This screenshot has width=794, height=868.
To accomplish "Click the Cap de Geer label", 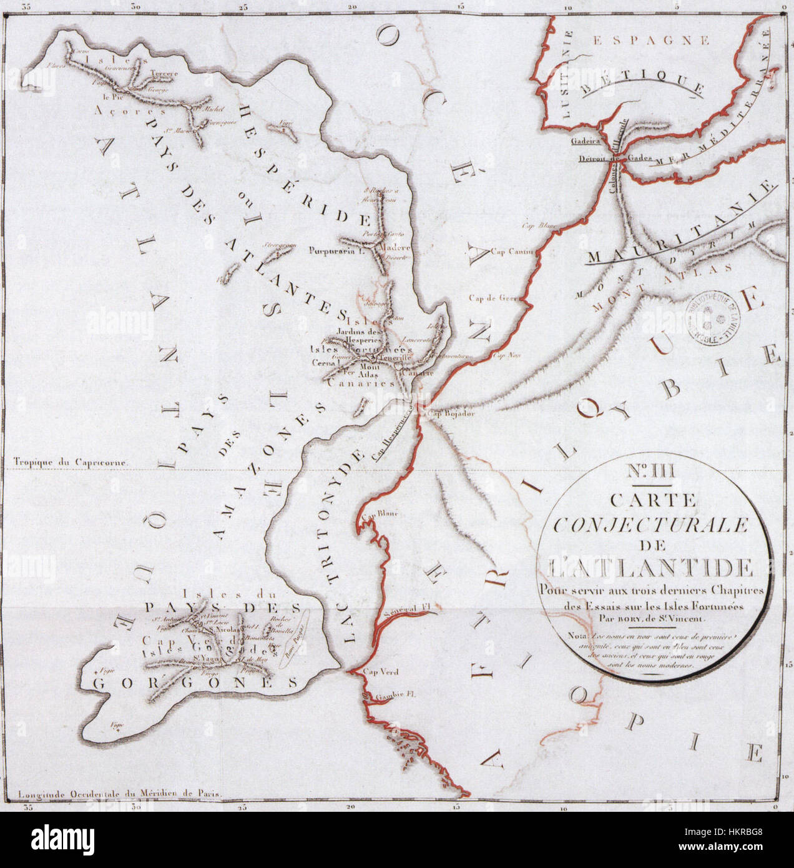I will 494,298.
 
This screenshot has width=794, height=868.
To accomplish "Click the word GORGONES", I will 194,683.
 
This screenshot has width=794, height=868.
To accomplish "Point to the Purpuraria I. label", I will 336,252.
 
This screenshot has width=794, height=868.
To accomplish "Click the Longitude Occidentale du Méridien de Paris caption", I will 120,796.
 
